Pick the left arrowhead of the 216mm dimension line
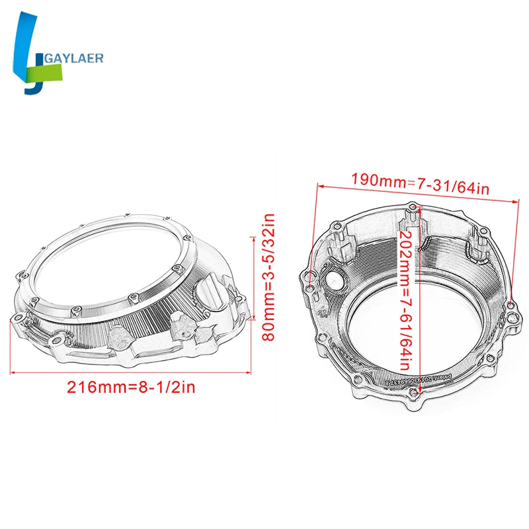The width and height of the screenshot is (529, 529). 12,373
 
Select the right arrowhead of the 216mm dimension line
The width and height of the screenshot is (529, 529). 253,373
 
